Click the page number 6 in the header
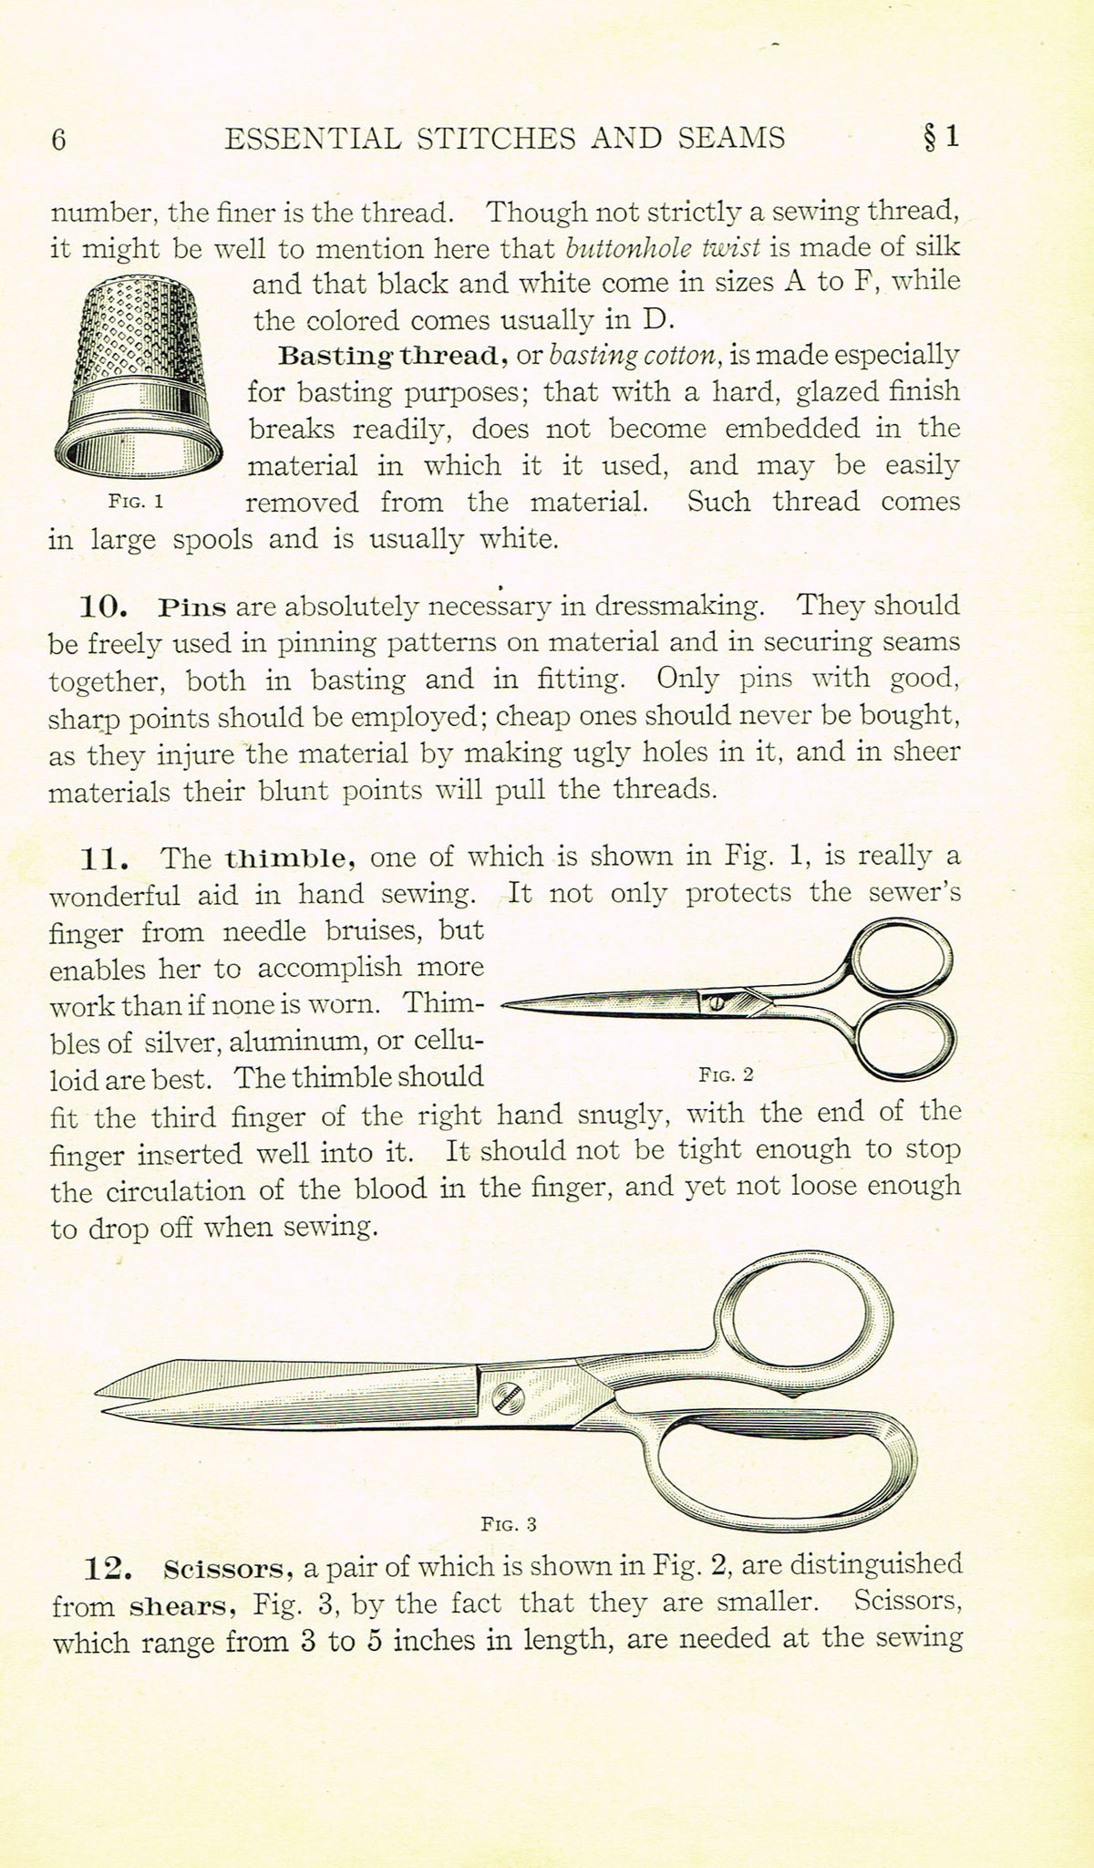(x=59, y=140)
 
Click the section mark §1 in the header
(x=940, y=137)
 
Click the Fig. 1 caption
(x=135, y=501)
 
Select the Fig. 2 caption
(x=726, y=1074)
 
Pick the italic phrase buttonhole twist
(x=663, y=248)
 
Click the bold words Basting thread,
(x=393, y=355)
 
